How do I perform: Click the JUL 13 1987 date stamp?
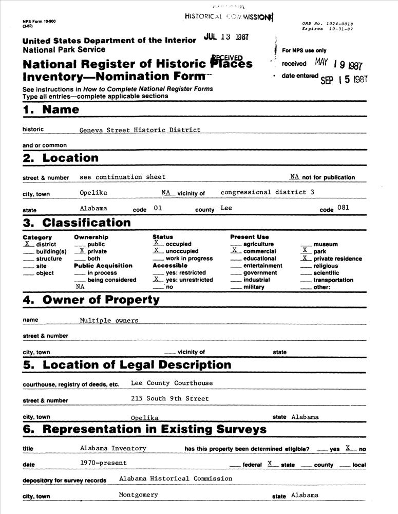[226, 38]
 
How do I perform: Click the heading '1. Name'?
[51, 109]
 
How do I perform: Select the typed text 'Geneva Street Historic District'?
[140, 130]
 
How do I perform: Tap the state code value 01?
[158, 209]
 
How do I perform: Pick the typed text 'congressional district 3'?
[267, 192]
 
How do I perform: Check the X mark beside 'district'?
[27, 244]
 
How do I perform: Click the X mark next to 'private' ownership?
[81, 251]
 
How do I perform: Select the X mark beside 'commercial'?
[234, 250]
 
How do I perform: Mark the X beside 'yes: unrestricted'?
[156, 279]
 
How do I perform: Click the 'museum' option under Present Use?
[326, 245]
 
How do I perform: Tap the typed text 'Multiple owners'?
[109, 320]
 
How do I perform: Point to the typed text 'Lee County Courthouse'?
[172, 383]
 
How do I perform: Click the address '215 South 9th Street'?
[170, 398]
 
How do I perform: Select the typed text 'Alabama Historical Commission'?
[175, 479]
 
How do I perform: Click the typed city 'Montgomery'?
[138, 495]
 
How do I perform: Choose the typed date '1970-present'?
[103, 463]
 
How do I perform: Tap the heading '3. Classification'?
[77, 223]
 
